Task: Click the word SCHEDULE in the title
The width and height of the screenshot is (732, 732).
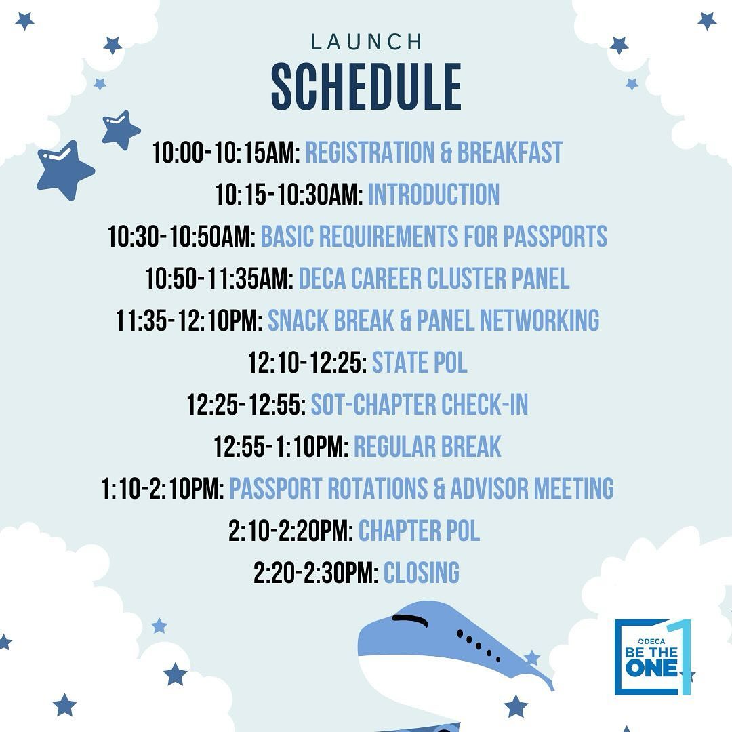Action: [366, 87]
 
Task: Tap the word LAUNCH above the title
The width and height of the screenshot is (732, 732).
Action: [366, 43]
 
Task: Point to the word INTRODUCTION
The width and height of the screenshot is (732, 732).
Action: [434, 195]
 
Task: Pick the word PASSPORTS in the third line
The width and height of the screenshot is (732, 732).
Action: [555, 237]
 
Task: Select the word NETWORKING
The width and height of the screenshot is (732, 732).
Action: [540, 321]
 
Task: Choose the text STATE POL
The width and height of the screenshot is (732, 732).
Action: [420, 363]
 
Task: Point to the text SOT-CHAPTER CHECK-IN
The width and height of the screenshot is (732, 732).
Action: [419, 405]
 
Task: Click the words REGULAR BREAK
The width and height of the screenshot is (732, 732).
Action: [427, 447]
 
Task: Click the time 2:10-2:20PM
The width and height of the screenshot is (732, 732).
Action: [290, 531]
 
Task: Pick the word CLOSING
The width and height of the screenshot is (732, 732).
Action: [422, 573]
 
